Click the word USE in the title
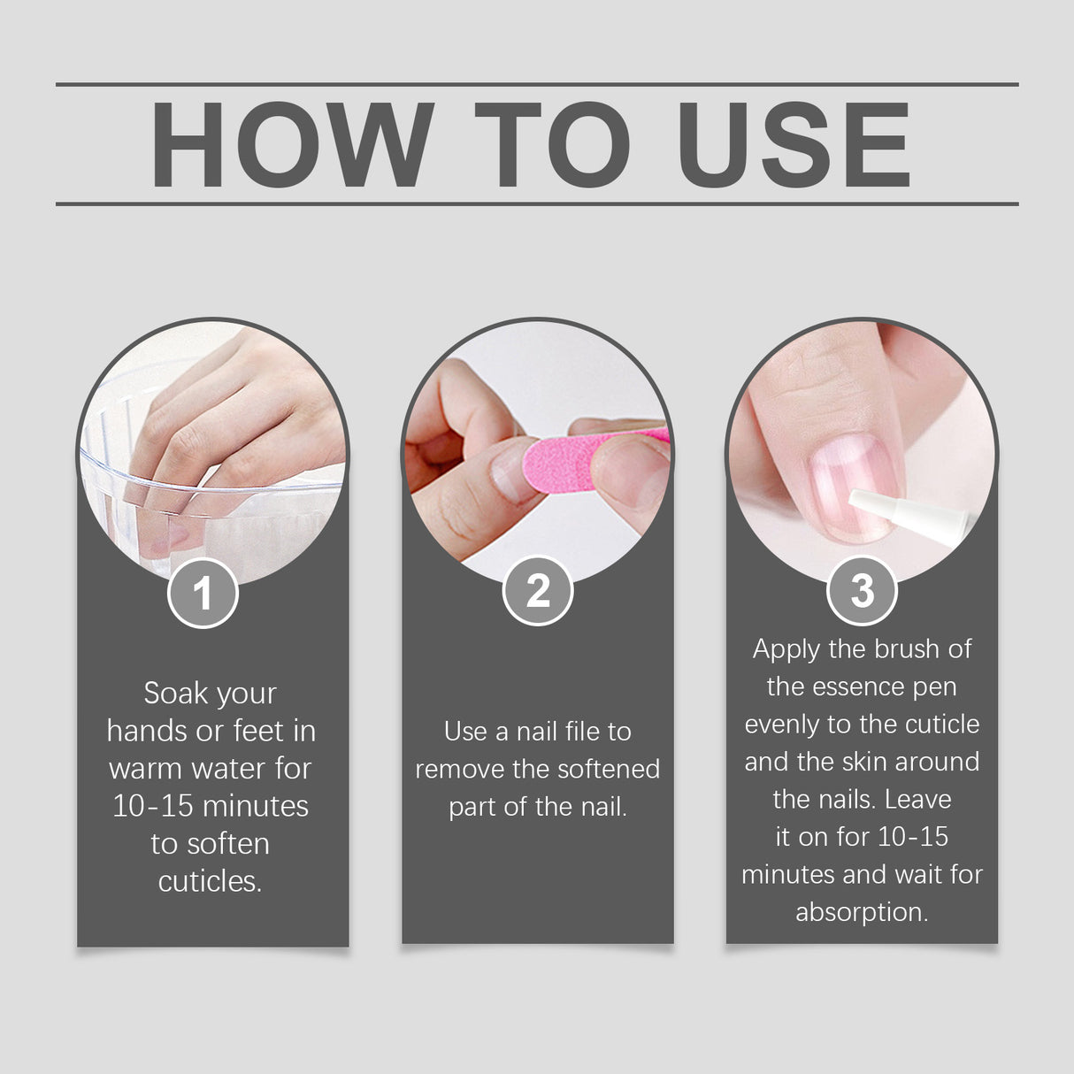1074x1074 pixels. [x=794, y=145]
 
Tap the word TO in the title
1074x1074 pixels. [x=552, y=145]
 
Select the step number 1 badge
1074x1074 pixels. [x=203, y=593]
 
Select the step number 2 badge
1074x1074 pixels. [x=537, y=590]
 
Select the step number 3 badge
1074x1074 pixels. [x=862, y=590]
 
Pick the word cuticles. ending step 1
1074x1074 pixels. [x=210, y=881]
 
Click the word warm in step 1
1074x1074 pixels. [x=144, y=768]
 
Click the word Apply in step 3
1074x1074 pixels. [x=786, y=649]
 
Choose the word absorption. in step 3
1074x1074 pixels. [x=862, y=912]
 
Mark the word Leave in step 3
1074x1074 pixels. [x=918, y=800]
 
